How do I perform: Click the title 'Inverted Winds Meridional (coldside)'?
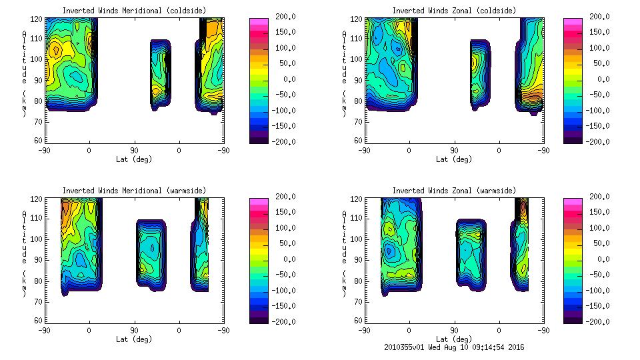[134, 11]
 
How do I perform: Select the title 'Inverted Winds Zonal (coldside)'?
[454, 11]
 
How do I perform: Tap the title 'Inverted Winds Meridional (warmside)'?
[134, 191]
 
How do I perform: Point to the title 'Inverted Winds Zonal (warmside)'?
[454, 191]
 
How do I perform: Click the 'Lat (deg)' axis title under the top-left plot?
[134, 159]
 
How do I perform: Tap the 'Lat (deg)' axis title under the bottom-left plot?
[134, 339]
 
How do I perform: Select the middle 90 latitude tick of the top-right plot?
[454, 151]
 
